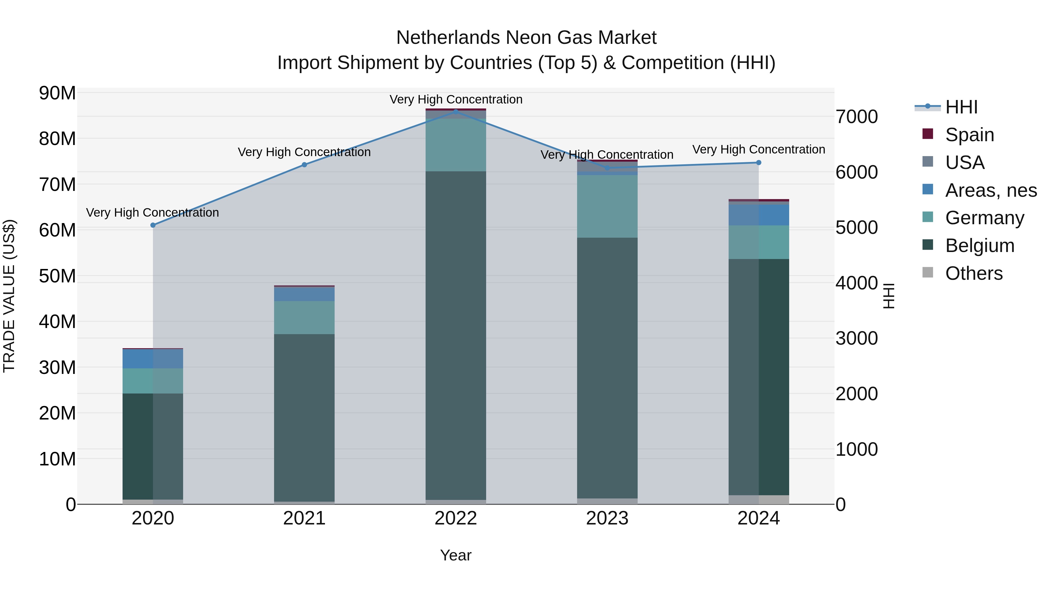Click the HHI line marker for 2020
153,225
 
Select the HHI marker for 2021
304,165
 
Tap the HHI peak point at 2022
456,112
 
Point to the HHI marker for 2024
759,163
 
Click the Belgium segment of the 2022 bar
456,335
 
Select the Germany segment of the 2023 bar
607,206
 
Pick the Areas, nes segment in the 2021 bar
304,294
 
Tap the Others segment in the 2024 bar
759,500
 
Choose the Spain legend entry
970,135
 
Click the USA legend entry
965,163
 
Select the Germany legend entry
984,218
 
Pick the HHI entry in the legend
961,107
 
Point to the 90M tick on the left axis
57,93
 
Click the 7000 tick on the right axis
857,117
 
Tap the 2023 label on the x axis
607,518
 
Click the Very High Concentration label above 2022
456,99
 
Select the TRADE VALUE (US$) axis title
9,296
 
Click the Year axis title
456,555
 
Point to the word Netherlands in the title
448,38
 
